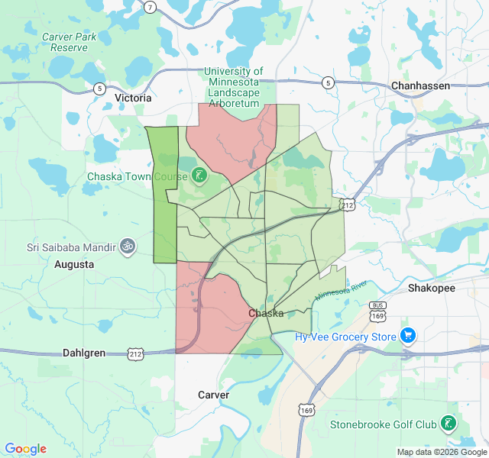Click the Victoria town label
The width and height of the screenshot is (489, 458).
[x=133, y=98]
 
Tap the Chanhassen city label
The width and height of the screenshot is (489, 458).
[x=420, y=85]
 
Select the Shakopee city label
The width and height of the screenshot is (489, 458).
[x=431, y=288]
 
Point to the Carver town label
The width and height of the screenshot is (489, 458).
[x=213, y=395]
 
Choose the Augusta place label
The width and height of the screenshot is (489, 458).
[x=74, y=264]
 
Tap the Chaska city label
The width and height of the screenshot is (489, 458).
[x=266, y=313]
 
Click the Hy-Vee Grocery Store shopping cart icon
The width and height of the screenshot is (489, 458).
[x=408, y=335]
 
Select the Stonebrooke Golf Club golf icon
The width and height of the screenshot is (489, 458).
[x=448, y=423]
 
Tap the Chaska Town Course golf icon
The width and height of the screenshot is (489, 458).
[x=199, y=176]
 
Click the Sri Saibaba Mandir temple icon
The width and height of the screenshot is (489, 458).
[x=128, y=247]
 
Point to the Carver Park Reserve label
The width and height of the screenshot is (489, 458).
[x=69, y=42]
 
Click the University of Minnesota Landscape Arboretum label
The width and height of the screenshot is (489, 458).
[x=233, y=87]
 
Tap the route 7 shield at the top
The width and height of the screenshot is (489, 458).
[x=151, y=8]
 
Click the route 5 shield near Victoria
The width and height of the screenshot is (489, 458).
[x=99, y=89]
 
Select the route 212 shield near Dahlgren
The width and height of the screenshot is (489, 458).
[x=136, y=353]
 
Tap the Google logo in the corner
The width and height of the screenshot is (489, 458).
[x=25, y=449]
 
